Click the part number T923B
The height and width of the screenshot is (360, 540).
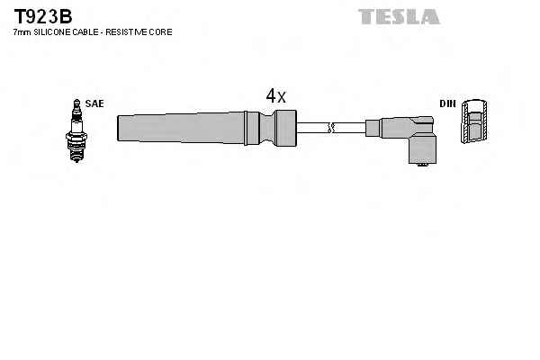pos(43,16)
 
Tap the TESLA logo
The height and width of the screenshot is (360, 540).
pos(399,16)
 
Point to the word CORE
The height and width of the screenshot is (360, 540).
pos(160,32)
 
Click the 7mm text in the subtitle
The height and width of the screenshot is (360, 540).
pos(22,32)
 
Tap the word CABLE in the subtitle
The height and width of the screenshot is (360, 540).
pos(85,32)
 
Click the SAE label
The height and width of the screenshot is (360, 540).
pos(94,103)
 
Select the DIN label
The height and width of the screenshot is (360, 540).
pos(447,103)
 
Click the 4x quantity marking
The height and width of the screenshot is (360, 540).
pos(276,95)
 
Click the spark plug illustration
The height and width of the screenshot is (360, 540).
pos(76,130)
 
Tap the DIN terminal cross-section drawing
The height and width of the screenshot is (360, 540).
pos(474,121)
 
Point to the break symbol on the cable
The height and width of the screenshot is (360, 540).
pos(331,128)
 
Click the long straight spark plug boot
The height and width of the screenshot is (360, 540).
pos(207,128)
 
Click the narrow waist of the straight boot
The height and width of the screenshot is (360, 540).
pos(268,128)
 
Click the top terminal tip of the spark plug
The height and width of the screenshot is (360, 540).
pos(76,101)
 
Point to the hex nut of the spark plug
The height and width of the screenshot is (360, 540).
pos(76,137)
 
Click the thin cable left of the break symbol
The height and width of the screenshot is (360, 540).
pos(312,128)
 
